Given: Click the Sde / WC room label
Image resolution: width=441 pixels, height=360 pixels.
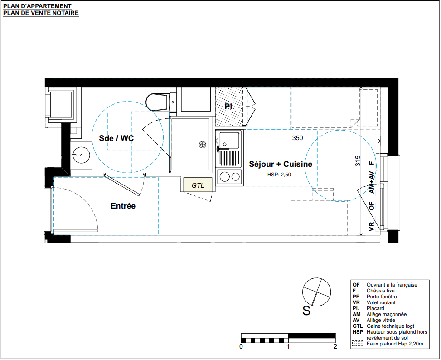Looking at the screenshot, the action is point(116,138).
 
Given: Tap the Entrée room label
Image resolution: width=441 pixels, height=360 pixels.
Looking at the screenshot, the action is point(123,206).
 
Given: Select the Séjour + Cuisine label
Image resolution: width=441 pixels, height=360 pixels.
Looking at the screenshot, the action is point(281,164).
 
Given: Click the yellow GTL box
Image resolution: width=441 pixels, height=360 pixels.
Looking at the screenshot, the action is point(198,185).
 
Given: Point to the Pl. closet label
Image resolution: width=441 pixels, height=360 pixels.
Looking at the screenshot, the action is point(229,107).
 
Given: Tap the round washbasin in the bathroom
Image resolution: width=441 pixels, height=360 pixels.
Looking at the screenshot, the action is point(81,155).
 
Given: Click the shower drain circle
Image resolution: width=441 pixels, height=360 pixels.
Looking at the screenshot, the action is point(202,145).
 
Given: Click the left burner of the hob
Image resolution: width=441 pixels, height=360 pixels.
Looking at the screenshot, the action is point(224,177).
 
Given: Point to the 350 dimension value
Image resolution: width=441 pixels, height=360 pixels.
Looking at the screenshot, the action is point(298,138).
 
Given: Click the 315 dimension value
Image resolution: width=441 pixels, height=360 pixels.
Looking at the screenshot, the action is point(358,161).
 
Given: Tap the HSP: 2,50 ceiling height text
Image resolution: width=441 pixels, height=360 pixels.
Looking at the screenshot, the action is point(279,175).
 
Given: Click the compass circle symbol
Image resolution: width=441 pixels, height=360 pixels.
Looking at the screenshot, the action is point(316,292).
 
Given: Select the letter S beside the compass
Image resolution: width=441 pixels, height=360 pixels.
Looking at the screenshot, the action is point(306,311).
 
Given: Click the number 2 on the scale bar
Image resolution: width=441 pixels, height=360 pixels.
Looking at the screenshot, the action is point(335,346).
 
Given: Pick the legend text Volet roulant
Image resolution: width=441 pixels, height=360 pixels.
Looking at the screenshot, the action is point(381,302).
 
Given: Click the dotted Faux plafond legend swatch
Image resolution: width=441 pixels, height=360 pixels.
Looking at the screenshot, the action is point(358,344).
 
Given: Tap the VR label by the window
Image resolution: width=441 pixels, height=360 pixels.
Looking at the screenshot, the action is point(372,226).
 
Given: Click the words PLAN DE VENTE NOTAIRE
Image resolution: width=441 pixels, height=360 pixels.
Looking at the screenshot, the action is point(41,13).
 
